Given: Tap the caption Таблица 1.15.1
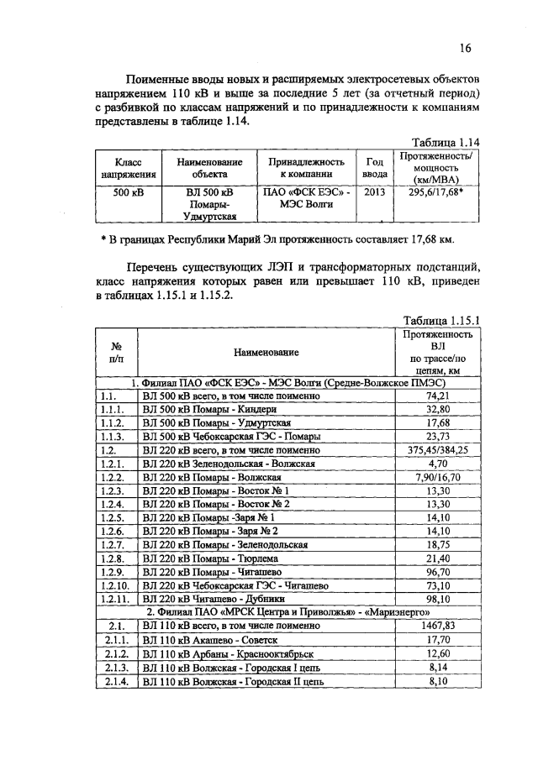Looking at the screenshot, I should pos(441,320).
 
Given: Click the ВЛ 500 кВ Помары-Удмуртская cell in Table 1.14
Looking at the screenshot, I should pos(209,204).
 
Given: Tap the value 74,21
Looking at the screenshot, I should pos(437,396).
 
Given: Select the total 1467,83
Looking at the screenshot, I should pos(437,626).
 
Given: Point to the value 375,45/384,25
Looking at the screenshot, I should pos(437,449).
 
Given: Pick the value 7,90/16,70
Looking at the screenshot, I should pos(437,476).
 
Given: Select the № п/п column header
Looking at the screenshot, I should pos(113,353).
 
